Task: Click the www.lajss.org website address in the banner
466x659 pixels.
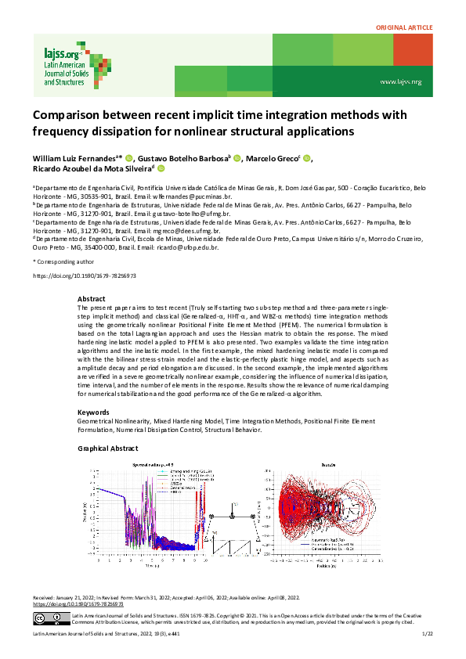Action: [400, 81]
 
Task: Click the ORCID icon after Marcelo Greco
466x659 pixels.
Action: [307, 158]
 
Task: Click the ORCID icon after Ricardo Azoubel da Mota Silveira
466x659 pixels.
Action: [161, 168]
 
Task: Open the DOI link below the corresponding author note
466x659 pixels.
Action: [84, 275]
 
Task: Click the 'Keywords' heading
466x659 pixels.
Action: [93, 412]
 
